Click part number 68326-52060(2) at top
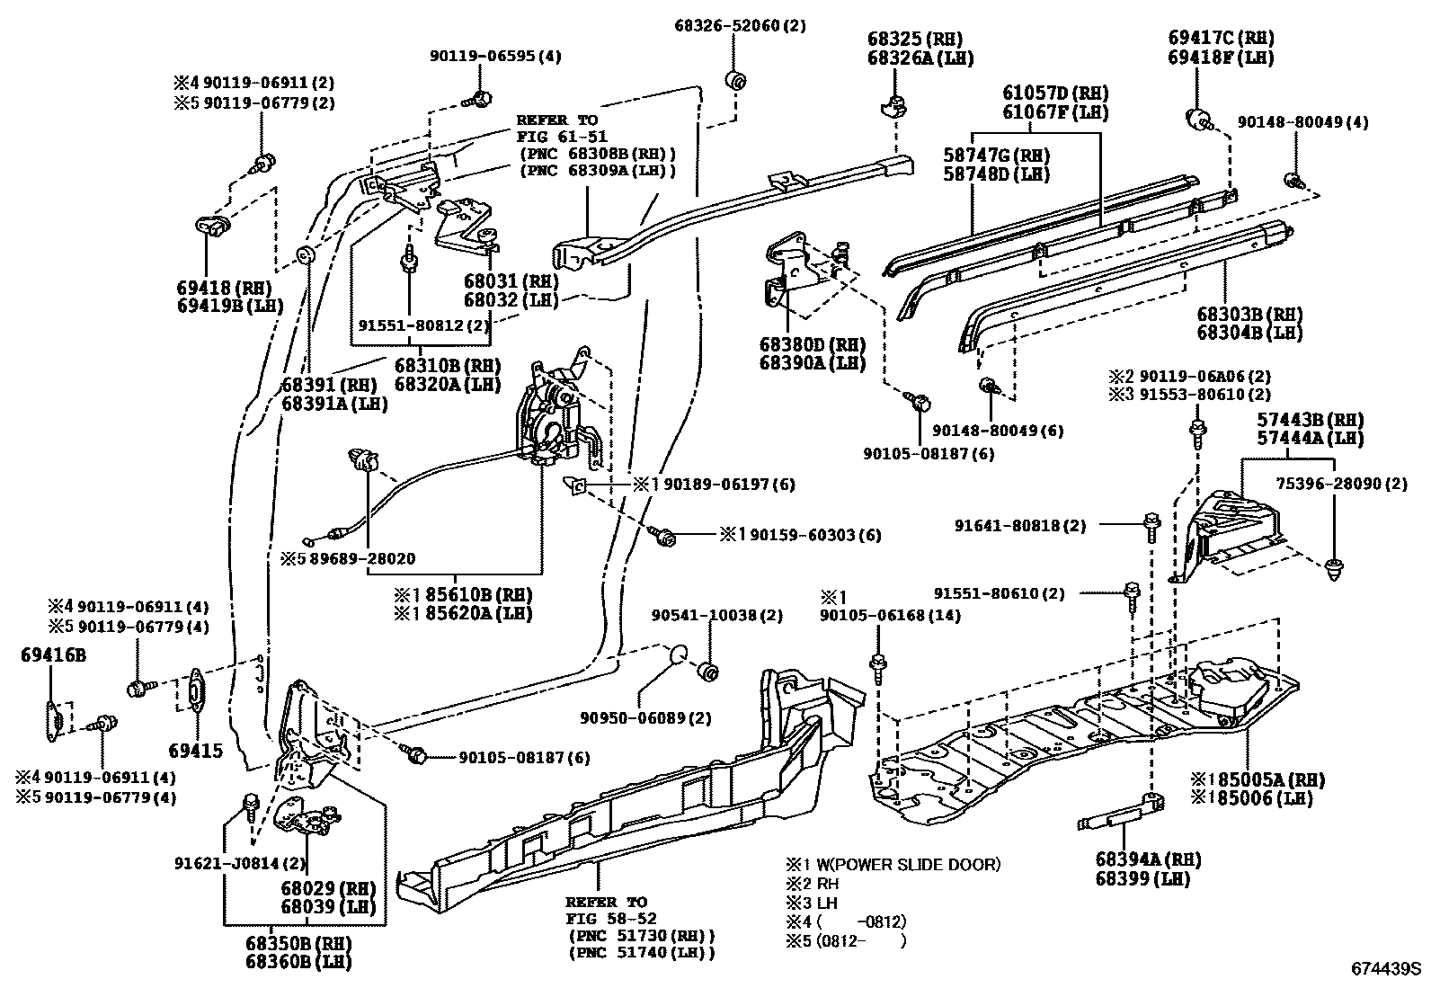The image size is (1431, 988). [x=740, y=26]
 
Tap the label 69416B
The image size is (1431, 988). [x=53, y=655]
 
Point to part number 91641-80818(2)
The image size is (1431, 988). [x=1020, y=526]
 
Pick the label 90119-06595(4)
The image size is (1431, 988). [x=494, y=56]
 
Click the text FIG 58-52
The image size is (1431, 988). [x=611, y=919]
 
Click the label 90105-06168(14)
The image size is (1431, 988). [x=890, y=616]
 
